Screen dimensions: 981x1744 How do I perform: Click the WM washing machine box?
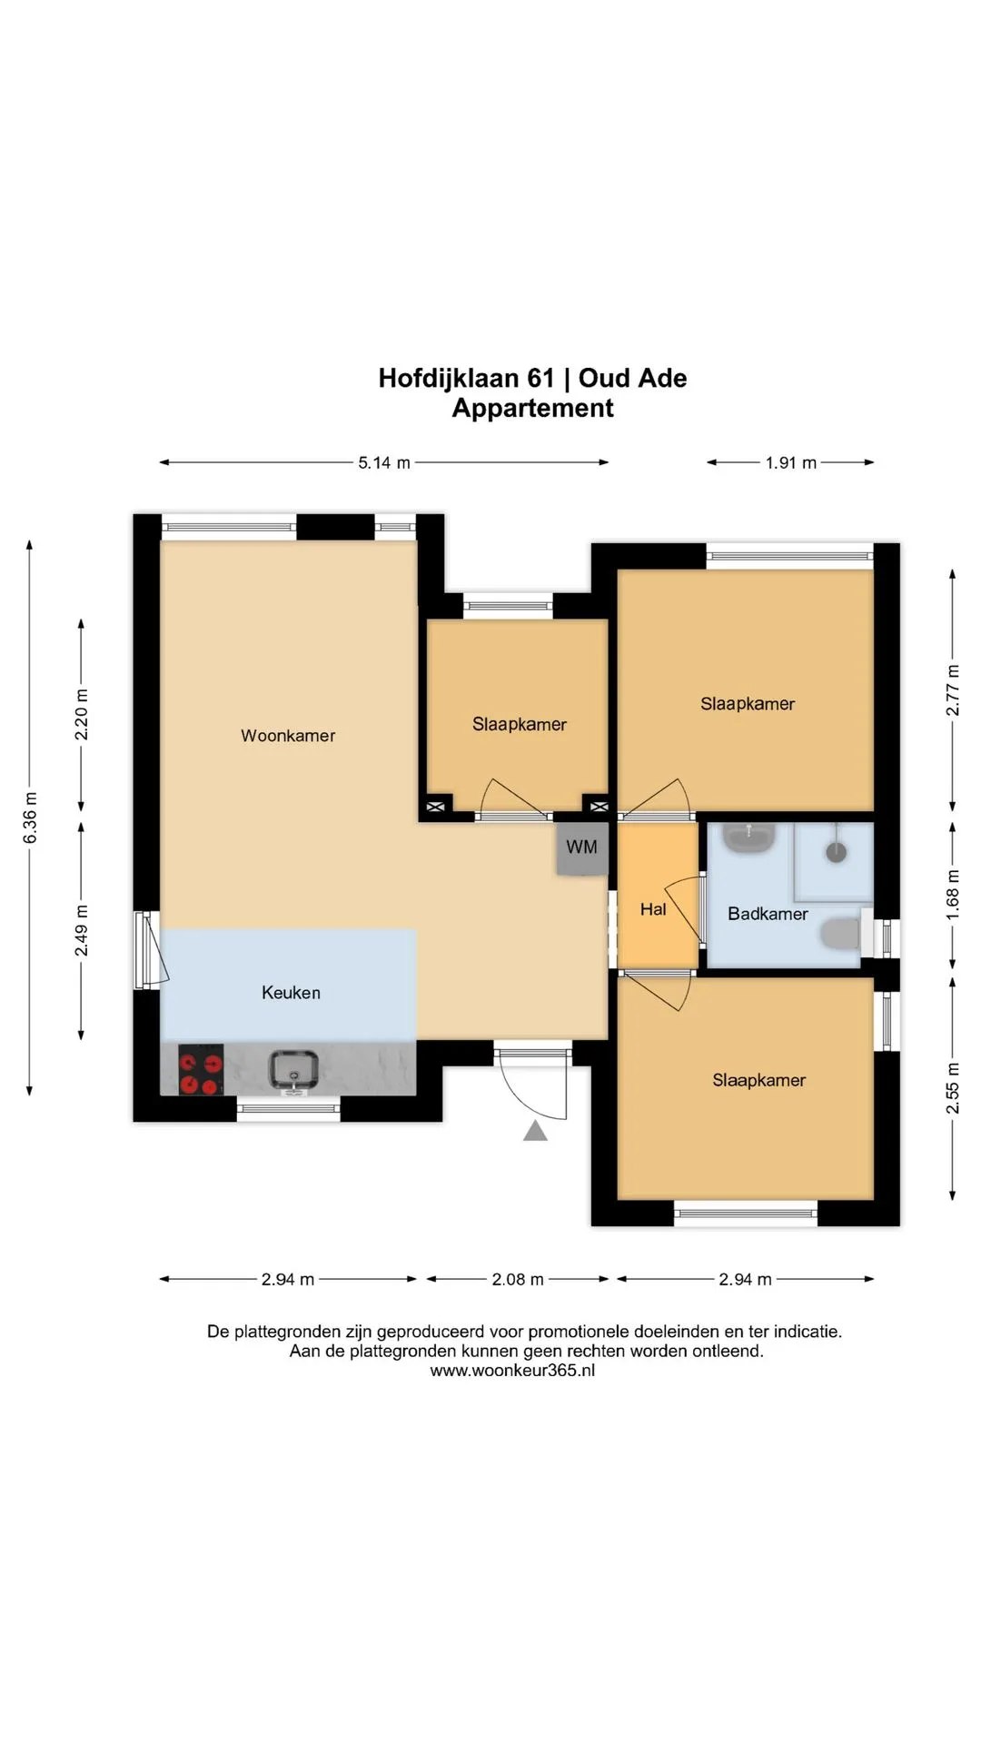tap(582, 848)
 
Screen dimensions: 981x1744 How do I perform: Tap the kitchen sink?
tap(293, 1069)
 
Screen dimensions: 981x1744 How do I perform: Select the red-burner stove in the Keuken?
tap(201, 1070)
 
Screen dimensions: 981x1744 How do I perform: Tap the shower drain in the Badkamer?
tap(836, 851)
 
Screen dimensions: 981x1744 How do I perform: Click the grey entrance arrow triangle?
tap(535, 1131)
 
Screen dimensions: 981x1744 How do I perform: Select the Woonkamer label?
tap(288, 736)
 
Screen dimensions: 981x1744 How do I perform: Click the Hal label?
tap(653, 909)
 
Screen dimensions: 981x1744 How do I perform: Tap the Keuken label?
tap(291, 993)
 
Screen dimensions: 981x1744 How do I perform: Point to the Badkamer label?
tap(768, 914)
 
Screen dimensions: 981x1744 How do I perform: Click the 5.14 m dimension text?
tap(384, 462)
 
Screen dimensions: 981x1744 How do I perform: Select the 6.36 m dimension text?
tap(31, 817)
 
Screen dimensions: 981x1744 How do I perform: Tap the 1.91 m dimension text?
tap(790, 462)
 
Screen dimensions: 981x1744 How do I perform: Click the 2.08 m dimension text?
tap(518, 1279)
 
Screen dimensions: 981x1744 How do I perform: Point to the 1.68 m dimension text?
tap(953, 895)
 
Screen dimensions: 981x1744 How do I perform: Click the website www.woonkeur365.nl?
tap(512, 1371)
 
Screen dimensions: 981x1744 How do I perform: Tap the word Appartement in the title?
tap(533, 408)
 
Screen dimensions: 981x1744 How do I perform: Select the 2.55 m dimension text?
tap(953, 1088)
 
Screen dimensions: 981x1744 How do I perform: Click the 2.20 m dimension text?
tap(82, 715)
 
